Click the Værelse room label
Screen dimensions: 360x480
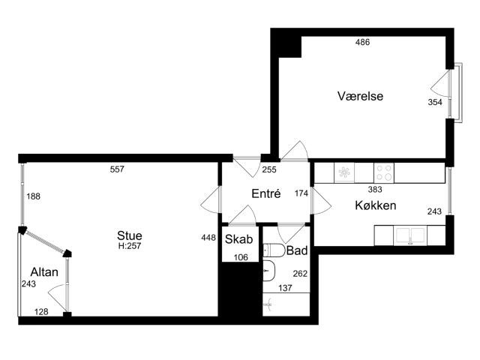(x=361, y=97)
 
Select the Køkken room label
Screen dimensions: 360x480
(x=375, y=205)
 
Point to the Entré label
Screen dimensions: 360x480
(x=265, y=193)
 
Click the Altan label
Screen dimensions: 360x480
(x=43, y=271)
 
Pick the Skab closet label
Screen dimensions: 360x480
(x=238, y=240)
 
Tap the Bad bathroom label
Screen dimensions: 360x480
(x=297, y=250)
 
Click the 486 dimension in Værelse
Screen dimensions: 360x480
(x=362, y=43)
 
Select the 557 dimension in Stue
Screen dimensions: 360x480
(x=117, y=169)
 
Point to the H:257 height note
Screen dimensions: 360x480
(x=129, y=246)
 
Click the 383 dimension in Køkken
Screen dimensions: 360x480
(x=375, y=190)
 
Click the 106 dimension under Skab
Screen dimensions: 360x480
(x=240, y=257)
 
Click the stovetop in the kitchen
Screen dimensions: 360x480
(x=383, y=172)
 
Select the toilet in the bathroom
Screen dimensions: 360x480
(x=273, y=250)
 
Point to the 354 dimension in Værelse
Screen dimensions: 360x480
(x=436, y=102)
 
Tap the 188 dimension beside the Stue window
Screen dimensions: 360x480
(x=34, y=196)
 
